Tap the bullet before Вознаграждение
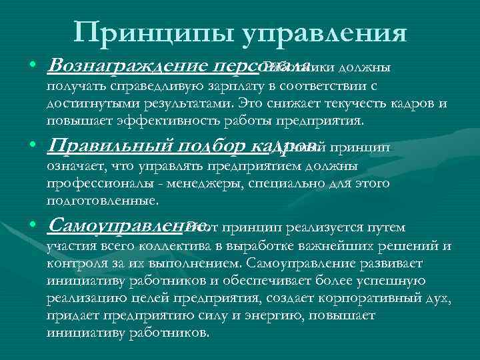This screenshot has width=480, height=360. (33, 67)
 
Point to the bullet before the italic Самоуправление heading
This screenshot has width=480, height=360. (33, 227)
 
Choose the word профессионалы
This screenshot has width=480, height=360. (97, 182)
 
